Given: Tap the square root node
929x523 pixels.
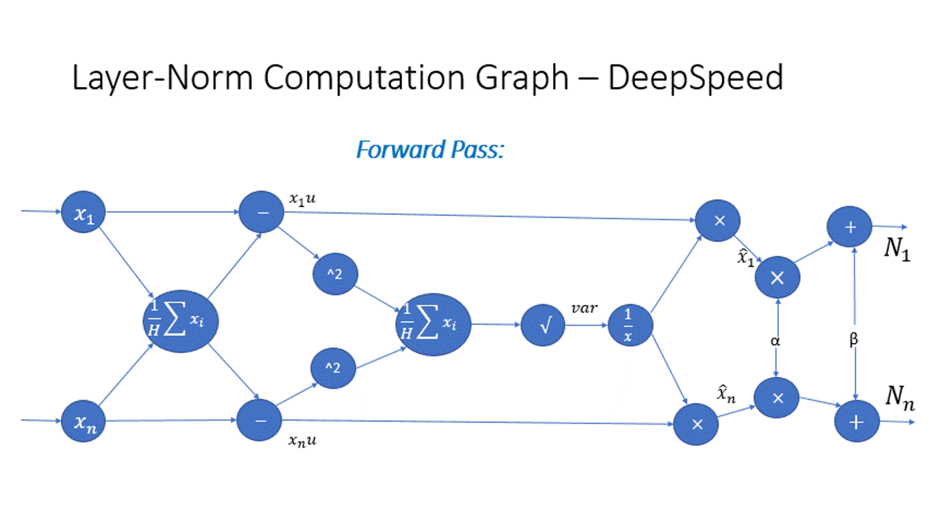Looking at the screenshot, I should (543, 325).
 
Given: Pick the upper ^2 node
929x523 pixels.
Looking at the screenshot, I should (335, 275).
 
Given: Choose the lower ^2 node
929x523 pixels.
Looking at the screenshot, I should (332, 369).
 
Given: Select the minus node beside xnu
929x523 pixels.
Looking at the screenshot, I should (259, 421).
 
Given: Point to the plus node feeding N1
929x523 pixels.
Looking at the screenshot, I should (851, 227).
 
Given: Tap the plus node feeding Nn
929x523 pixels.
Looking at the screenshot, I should (857, 421).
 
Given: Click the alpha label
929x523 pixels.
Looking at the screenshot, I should (777, 340).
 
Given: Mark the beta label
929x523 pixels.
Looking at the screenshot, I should (854, 340).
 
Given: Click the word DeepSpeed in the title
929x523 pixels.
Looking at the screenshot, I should (695, 78).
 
